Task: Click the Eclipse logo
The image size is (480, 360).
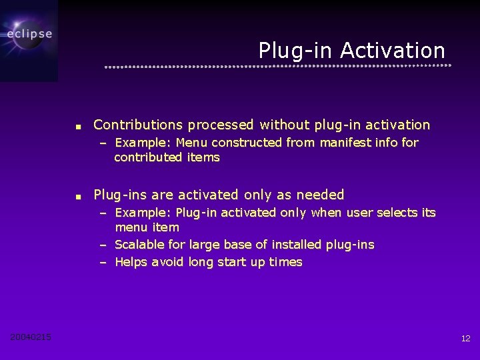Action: coord(29,34)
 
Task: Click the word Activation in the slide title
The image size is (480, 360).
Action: coord(392,51)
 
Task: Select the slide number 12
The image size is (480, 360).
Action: coord(465,339)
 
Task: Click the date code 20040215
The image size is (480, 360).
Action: coord(31,337)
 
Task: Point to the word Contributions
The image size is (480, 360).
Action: coord(138,125)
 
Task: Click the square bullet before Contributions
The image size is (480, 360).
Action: coord(78,126)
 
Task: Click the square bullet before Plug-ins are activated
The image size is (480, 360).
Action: coord(78,197)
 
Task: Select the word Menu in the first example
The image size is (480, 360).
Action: coord(192,142)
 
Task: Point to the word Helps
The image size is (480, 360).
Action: coord(131,262)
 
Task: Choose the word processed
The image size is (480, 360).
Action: coord(221,125)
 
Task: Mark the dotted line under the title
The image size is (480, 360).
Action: coord(277,66)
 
